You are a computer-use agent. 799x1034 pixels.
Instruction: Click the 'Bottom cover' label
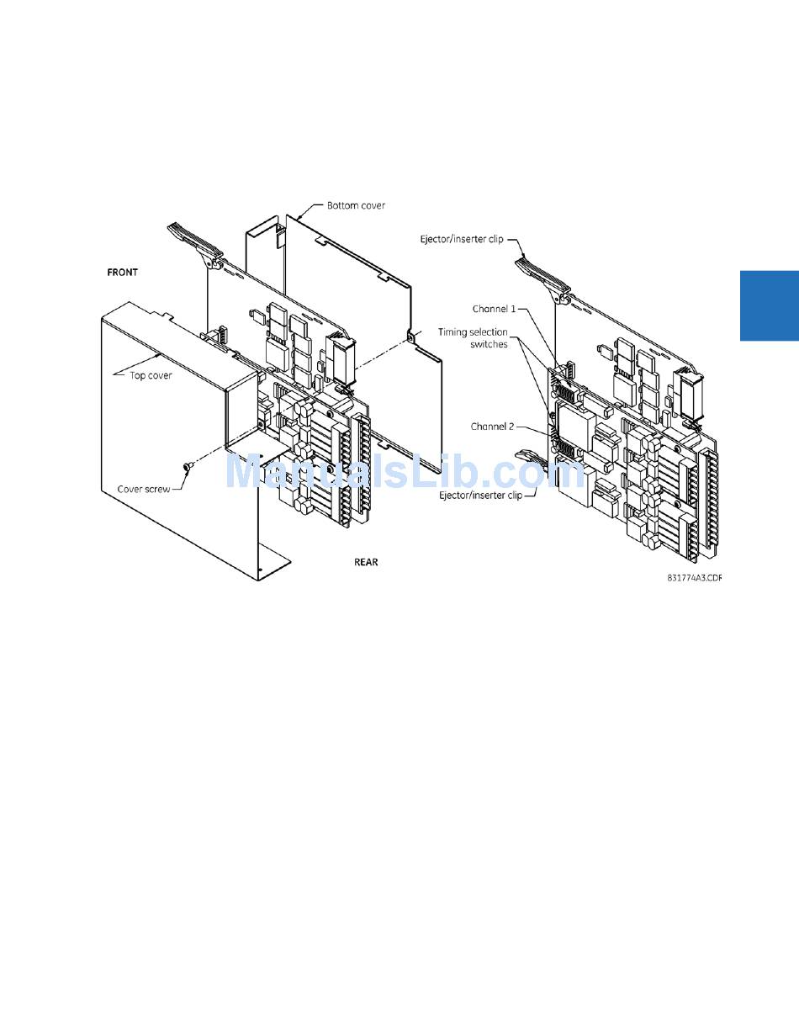coord(356,205)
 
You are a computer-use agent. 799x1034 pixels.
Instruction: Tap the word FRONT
coord(122,273)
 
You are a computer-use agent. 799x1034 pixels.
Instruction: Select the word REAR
coord(366,562)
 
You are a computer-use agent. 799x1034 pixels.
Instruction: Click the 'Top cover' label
coord(151,375)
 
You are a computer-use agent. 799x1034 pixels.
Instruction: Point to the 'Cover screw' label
coord(143,489)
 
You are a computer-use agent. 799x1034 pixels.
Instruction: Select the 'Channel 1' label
coord(494,309)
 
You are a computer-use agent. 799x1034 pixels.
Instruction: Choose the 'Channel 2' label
coord(492,427)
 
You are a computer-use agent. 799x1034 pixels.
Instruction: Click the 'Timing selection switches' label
coord(473,337)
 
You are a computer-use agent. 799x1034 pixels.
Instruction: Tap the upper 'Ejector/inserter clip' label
coord(462,239)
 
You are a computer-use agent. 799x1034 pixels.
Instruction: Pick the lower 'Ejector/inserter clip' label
coord(480,496)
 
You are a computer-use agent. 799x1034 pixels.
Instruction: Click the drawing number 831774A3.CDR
coord(694,578)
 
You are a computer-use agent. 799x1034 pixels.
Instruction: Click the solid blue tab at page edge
coord(769,305)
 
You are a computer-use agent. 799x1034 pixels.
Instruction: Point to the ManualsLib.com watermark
coord(404,472)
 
